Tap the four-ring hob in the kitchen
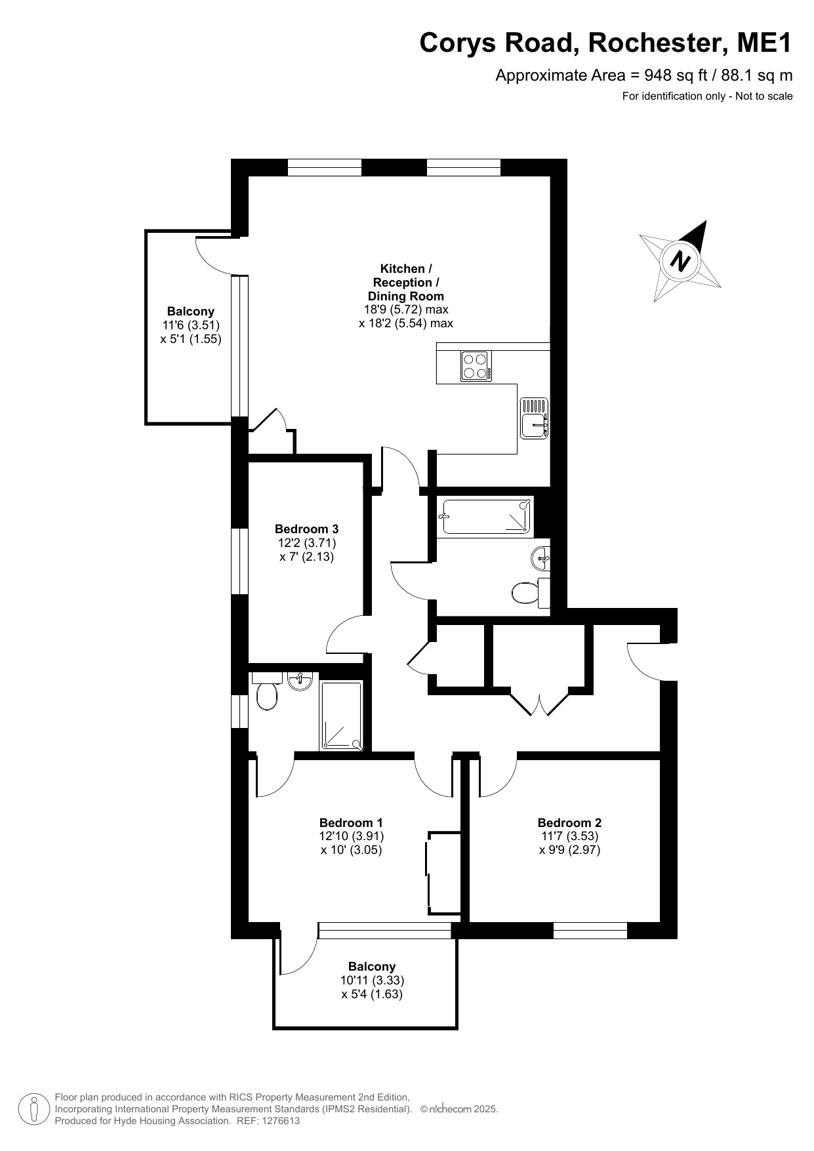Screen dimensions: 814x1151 point(476,366)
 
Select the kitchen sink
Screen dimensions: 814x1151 point(534,418)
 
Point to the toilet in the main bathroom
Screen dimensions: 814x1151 point(530,593)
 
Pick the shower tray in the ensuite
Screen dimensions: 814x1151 point(341,716)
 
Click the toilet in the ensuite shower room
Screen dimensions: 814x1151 point(267,691)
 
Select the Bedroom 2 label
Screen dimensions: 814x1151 point(569,822)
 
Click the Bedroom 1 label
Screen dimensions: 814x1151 point(351,822)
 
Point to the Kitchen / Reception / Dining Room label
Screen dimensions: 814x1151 point(406,282)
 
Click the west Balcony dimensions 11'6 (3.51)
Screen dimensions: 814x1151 point(191,325)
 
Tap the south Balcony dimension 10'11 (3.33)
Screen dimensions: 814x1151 point(372,980)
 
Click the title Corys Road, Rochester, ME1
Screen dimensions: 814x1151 point(606,43)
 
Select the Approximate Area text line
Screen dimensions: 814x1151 point(644,75)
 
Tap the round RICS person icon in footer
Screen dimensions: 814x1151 point(34,1109)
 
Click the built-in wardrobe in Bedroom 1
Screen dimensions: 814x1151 point(443,874)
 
